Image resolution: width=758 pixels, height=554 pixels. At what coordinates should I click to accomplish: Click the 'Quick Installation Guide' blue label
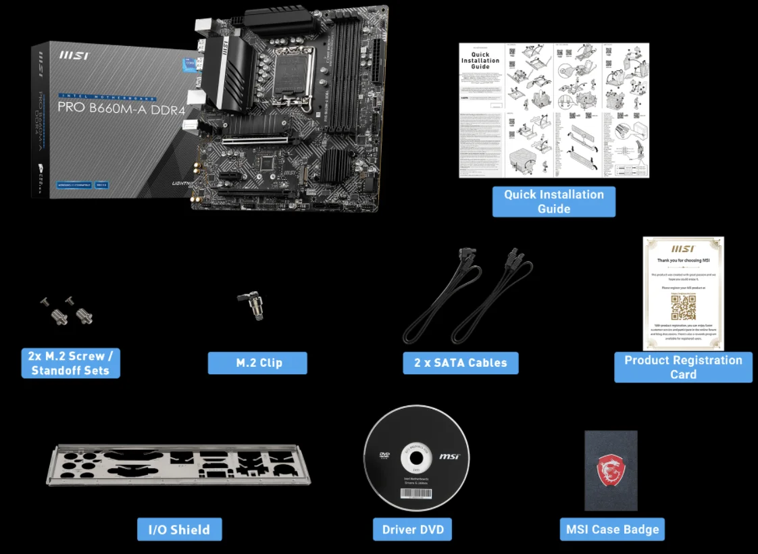(553, 201)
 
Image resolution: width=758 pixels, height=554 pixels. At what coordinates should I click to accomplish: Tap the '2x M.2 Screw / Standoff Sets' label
(70, 363)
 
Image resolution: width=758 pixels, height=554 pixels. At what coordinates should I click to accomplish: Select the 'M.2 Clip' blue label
(257, 363)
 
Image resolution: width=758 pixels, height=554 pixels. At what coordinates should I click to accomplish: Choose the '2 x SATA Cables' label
(460, 363)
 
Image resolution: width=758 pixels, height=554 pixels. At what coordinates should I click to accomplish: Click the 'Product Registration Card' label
(682, 367)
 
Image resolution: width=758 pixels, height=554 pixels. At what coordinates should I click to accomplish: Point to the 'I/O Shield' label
(179, 530)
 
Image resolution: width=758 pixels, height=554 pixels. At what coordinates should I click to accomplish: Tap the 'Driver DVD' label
(412, 530)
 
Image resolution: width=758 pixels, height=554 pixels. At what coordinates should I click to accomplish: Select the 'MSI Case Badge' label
(612, 530)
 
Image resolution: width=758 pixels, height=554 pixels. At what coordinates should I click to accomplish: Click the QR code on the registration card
(682, 307)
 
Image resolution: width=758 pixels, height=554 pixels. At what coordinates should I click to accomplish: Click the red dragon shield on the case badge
(611, 469)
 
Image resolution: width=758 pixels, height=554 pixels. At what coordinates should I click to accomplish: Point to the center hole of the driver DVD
(416, 457)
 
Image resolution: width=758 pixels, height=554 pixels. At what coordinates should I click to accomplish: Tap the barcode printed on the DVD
(416, 494)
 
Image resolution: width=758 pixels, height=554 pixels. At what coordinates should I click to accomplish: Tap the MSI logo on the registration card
(682, 249)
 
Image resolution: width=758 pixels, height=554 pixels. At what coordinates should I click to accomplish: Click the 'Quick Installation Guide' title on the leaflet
(480, 60)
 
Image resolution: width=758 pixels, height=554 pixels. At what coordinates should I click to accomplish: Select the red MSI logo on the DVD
(449, 457)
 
